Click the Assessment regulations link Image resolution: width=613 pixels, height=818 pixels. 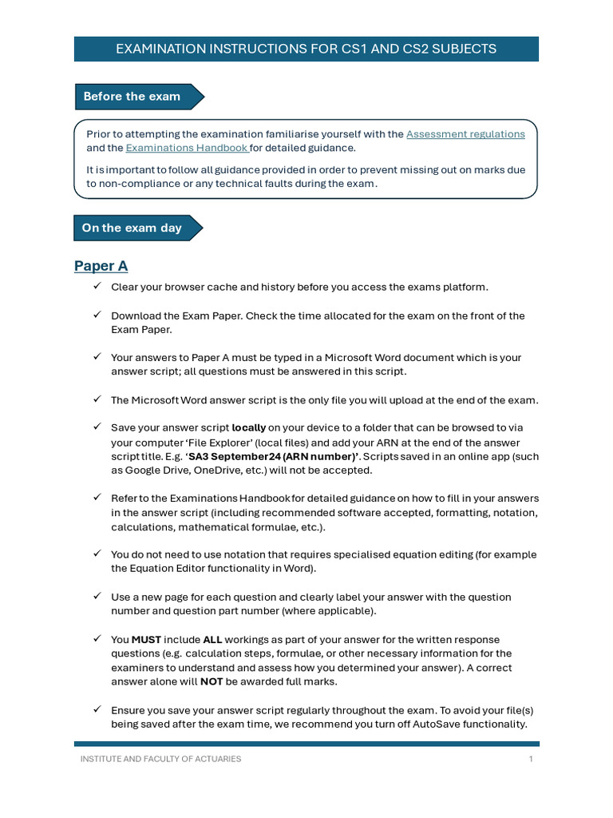[465, 134]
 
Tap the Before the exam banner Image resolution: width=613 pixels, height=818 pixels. [132, 97]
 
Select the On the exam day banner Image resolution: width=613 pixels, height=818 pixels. [132, 228]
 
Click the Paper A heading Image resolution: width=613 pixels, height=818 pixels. [101, 266]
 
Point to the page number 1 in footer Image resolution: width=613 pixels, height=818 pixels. [531, 759]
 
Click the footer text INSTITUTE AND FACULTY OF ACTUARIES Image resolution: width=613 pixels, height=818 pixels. [160, 759]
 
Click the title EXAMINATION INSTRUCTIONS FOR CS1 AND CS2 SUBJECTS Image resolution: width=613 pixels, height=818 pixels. [306, 49]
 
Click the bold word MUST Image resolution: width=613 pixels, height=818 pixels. [146, 639]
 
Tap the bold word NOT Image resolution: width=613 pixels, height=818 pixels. [211, 681]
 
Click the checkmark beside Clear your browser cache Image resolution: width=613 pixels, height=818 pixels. [97, 286]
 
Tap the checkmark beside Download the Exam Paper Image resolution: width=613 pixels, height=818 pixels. [97, 315]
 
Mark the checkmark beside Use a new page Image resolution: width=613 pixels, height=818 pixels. [97, 596]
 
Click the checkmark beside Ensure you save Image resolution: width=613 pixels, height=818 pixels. [97, 709]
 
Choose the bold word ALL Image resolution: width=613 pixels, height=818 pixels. [212, 639]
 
